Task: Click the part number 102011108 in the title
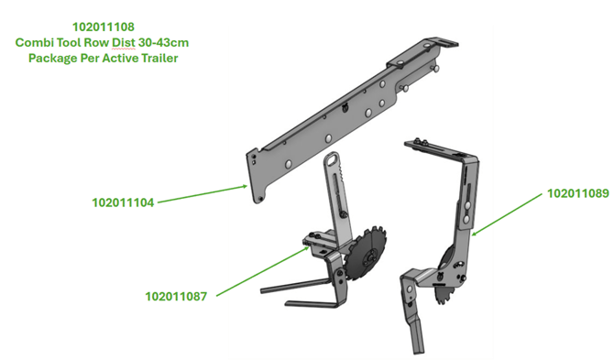(104, 27)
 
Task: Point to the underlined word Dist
(124, 42)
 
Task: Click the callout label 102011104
(123, 202)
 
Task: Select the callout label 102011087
(176, 297)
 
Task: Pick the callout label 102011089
(578, 193)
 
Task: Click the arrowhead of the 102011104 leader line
(245, 186)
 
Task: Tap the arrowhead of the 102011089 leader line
(474, 235)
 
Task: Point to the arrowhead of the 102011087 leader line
(307, 247)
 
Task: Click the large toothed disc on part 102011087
(367, 253)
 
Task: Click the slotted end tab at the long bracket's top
(445, 42)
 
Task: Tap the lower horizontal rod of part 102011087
(312, 303)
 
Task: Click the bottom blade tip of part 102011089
(418, 349)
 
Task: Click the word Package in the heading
(52, 58)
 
